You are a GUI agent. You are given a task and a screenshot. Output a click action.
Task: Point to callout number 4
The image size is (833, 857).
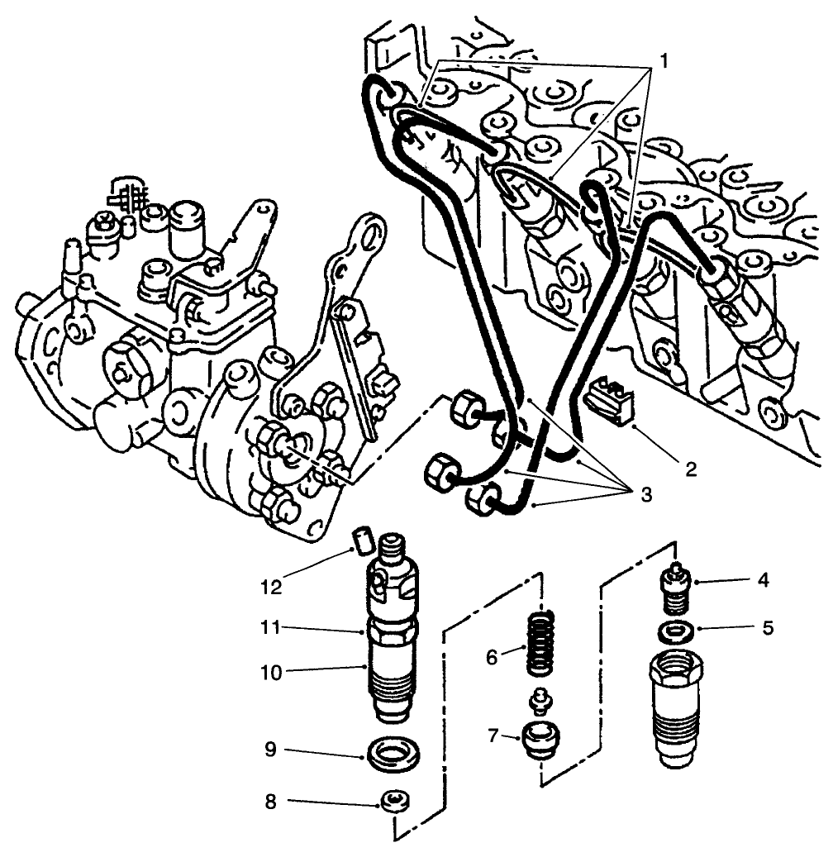click(x=763, y=580)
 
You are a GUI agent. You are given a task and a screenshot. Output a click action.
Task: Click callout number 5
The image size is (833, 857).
click(x=768, y=627)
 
